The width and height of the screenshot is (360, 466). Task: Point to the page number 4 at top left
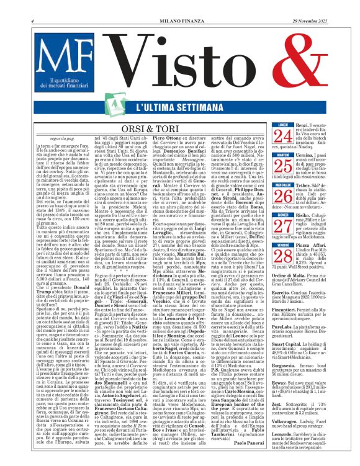32,5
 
